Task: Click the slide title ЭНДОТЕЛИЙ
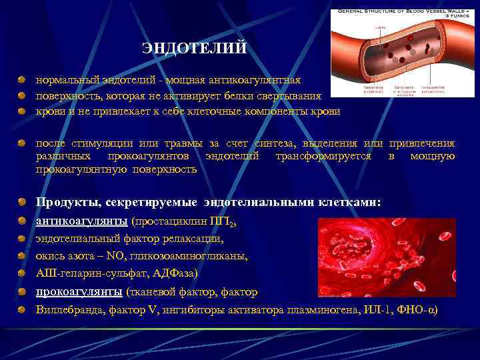(195, 49)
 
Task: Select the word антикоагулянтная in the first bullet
(260, 79)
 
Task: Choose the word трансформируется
(319, 156)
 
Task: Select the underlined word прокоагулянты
(79, 292)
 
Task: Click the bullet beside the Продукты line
(23, 202)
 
